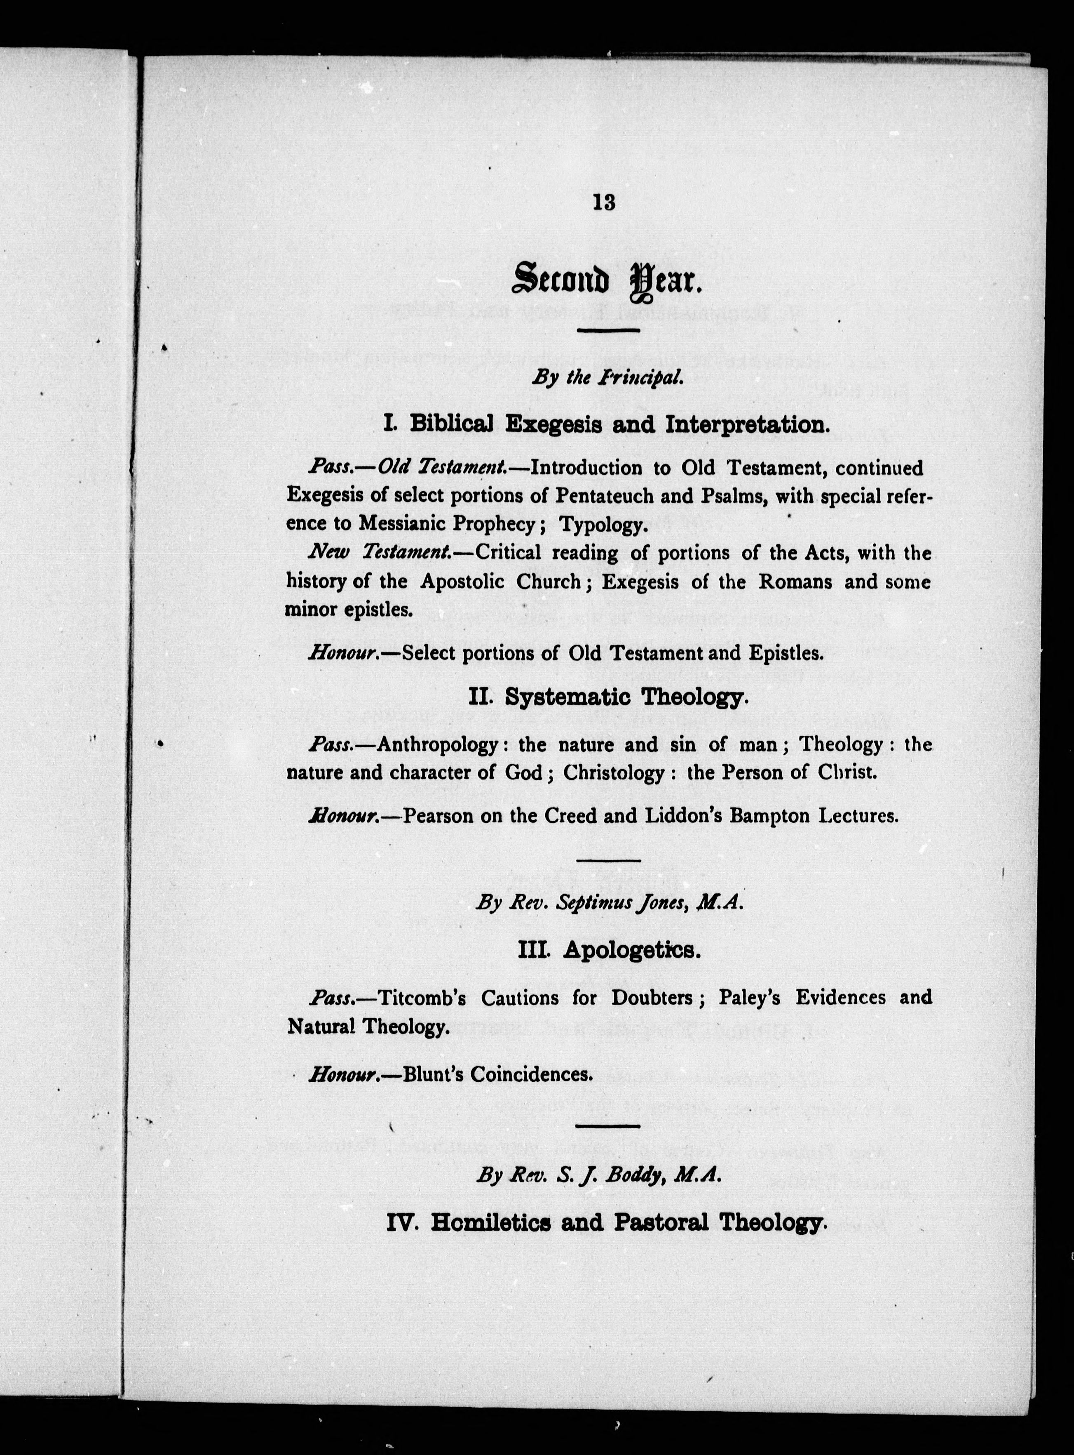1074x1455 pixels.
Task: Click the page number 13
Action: pos(603,203)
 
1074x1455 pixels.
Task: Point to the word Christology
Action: pos(614,773)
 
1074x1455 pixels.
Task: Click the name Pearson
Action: pos(438,816)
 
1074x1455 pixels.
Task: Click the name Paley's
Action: pos(749,998)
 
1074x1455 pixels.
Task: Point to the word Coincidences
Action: pos(531,1074)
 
